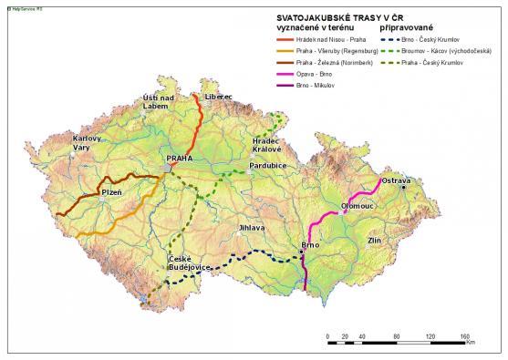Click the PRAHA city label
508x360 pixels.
click(180, 159)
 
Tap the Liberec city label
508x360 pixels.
click(219, 97)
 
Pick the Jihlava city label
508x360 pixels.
click(252, 227)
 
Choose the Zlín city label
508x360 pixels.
click(374, 240)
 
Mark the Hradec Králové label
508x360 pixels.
click(267, 146)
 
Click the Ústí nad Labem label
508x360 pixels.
click(157, 101)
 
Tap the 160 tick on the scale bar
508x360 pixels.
click(463, 337)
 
